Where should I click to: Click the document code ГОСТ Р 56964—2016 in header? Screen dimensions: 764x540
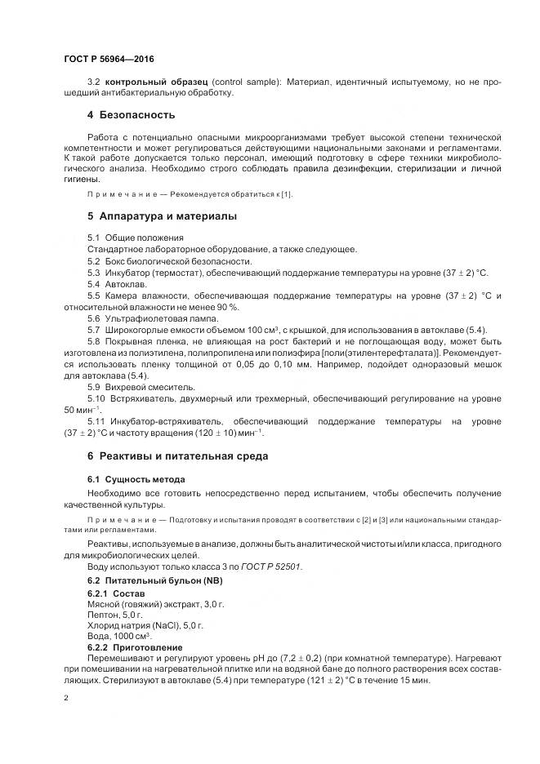pos(108,60)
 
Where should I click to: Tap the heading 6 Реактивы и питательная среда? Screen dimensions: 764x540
pos(177,455)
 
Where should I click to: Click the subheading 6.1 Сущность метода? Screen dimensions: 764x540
pos(136,479)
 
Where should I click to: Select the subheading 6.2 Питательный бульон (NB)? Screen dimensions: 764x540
pos(154,580)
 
